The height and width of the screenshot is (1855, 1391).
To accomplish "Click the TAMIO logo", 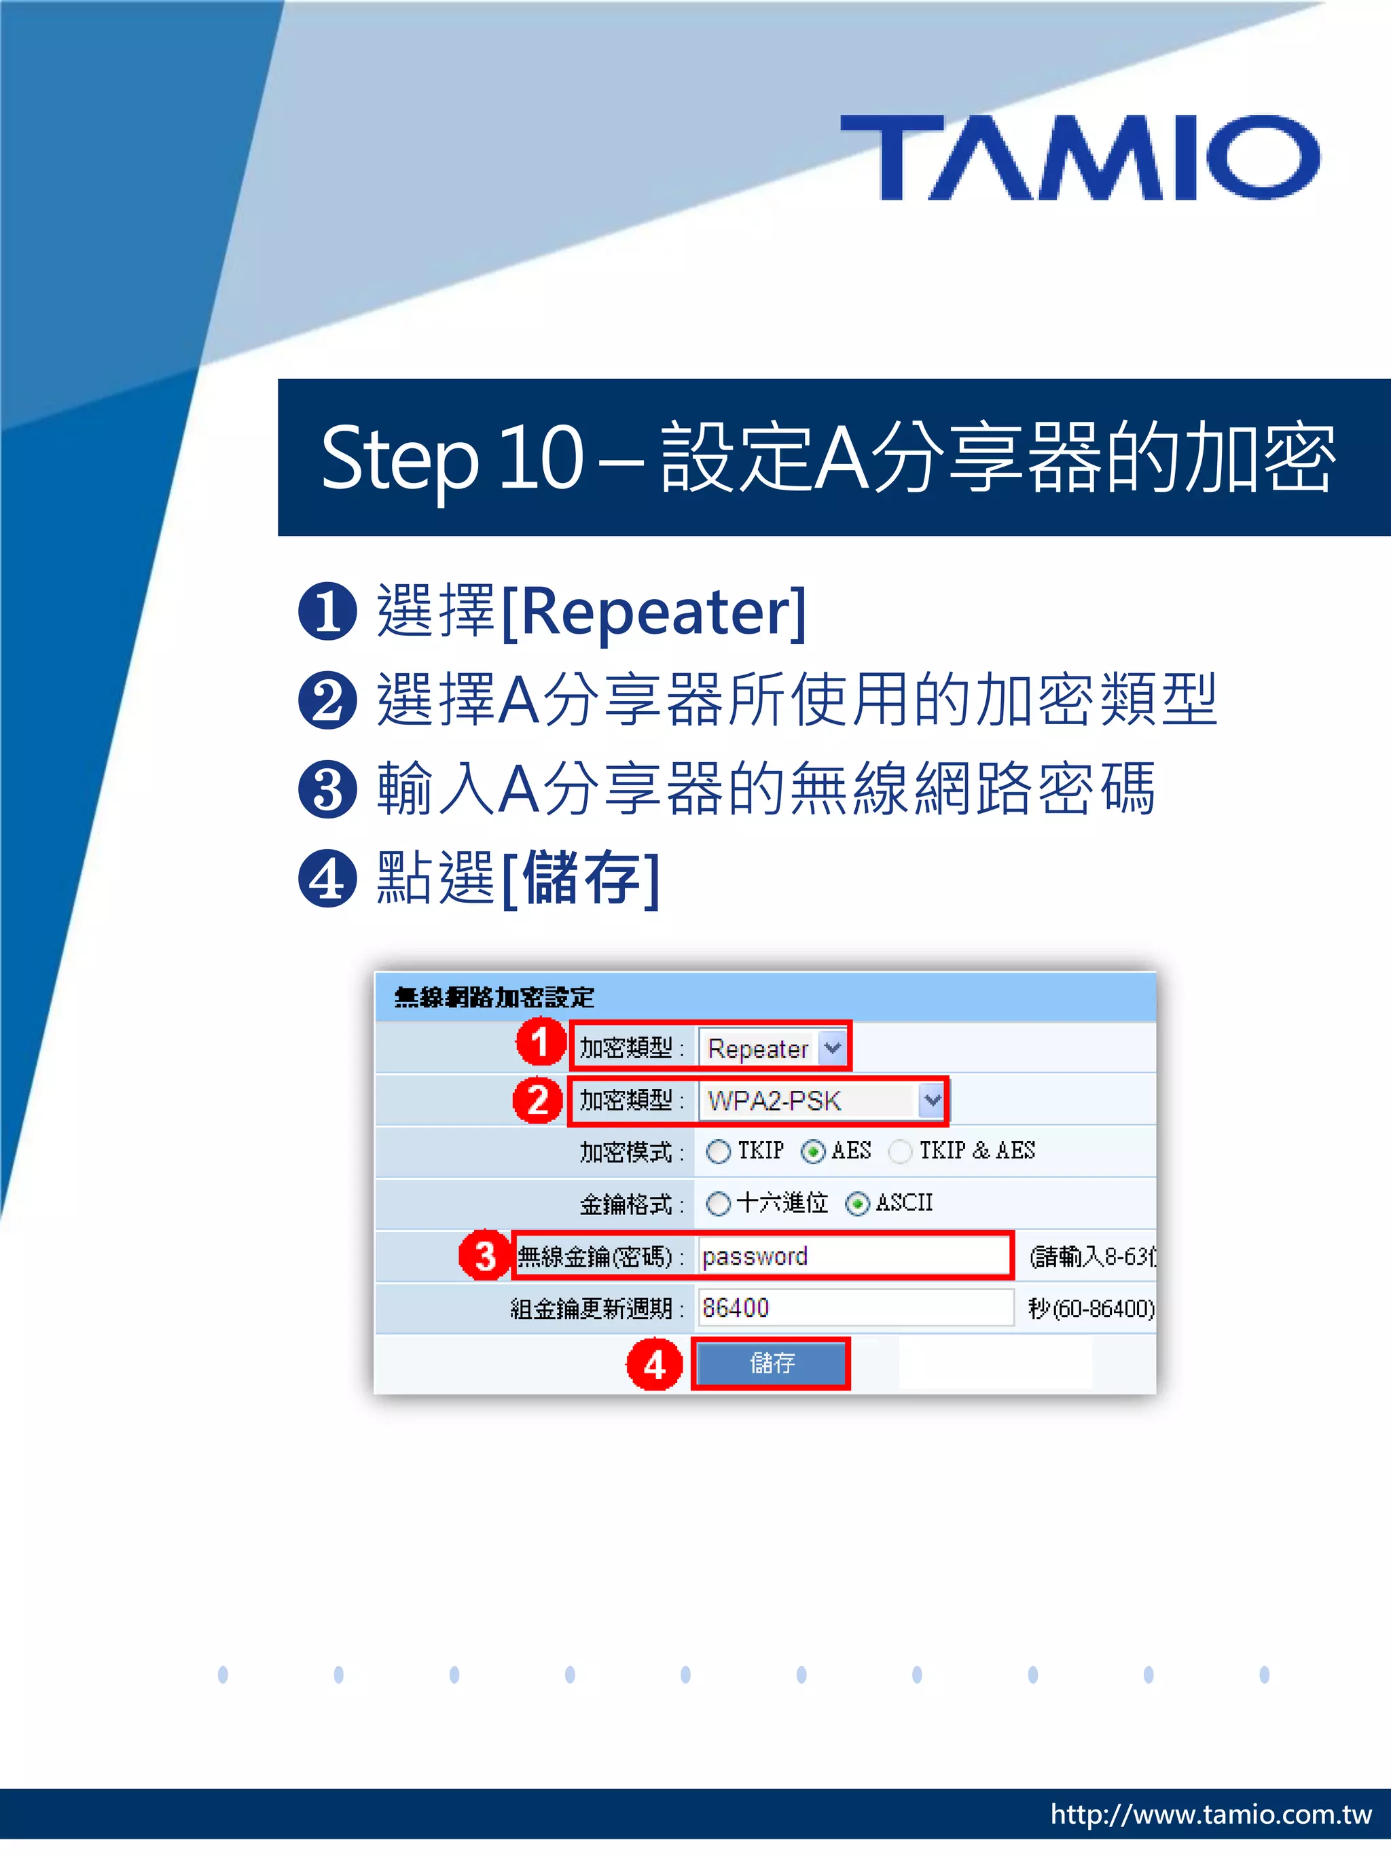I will [1079, 158].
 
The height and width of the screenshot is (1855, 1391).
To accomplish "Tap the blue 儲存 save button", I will [770, 1363].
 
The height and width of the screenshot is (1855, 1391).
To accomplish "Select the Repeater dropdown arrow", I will [832, 1047].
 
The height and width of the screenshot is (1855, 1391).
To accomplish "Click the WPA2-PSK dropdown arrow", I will [932, 1100].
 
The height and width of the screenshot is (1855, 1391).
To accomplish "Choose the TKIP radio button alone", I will [718, 1152].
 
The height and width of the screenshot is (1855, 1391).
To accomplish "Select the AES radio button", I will [812, 1152].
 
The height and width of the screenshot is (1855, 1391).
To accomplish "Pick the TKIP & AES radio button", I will [901, 1152].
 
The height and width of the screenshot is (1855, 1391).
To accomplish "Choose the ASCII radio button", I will [857, 1204].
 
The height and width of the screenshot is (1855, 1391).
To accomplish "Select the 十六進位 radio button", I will [718, 1204].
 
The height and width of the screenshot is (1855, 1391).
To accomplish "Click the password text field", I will [854, 1256].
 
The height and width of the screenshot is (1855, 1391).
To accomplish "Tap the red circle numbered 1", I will [540, 1043].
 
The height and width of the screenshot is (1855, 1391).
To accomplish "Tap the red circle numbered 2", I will [537, 1100].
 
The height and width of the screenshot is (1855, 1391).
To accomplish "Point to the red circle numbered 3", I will [485, 1256].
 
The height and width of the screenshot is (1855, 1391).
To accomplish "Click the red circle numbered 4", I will [654, 1365].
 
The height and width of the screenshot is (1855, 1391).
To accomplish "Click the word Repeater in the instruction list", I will [654, 612].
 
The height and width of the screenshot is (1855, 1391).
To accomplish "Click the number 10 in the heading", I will [541, 458].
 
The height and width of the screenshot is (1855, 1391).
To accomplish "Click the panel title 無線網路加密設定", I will [494, 998].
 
